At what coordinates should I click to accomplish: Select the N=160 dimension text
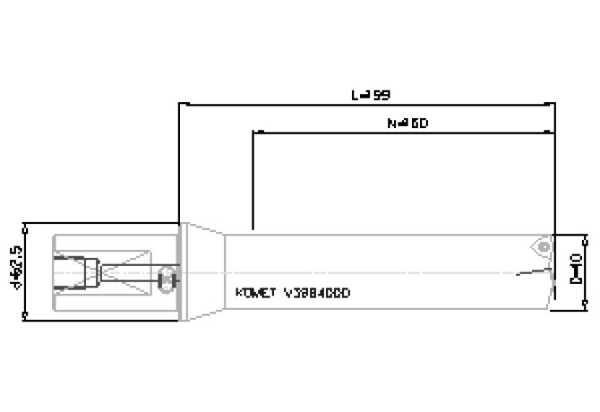pos(408,124)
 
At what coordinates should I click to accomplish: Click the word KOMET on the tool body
pos(255,292)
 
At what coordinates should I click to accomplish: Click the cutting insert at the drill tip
pos(540,246)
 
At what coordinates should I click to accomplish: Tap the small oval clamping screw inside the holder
pos(166,279)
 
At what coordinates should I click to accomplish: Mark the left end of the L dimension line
pos(182,104)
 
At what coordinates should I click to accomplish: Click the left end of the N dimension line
pos(255,133)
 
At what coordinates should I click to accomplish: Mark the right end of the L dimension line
pos(554,104)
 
